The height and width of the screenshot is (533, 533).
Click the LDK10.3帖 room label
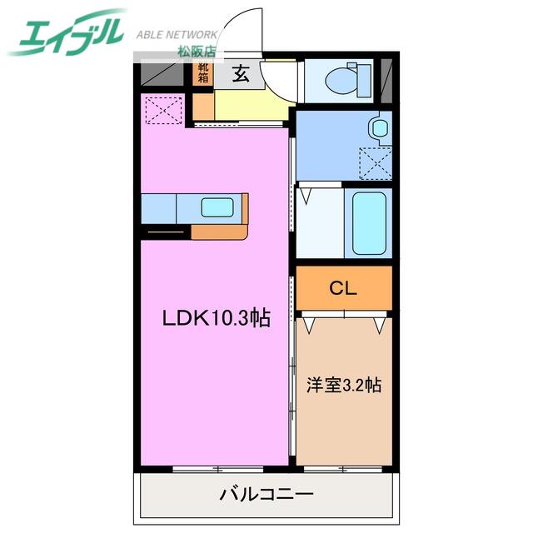(217, 318)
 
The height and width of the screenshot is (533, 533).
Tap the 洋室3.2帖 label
(344, 385)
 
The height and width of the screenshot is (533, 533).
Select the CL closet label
(342, 289)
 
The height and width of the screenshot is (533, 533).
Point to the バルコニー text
(266, 494)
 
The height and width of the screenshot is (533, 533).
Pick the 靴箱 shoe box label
(203, 72)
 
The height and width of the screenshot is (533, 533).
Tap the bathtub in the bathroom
(369, 223)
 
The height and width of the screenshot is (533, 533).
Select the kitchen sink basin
(217, 207)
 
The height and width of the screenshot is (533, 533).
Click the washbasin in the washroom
(380, 127)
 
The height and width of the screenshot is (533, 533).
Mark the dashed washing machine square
(376, 163)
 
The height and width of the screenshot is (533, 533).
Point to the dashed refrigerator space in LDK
(164, 111)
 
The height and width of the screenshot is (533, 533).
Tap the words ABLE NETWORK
(177, 34)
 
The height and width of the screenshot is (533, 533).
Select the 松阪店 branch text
(197, 51)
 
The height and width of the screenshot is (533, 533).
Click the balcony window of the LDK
(218, 470)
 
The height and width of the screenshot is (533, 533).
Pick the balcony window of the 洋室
(343, 470)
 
